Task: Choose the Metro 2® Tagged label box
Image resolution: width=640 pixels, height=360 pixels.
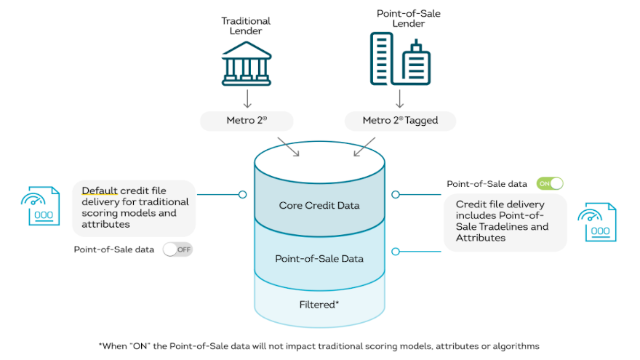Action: [400, 120]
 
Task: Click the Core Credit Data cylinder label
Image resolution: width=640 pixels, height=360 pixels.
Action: [319, 205]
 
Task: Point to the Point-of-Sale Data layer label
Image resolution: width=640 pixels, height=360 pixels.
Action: [319, 258]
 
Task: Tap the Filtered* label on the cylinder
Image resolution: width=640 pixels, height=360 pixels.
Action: [319, 304]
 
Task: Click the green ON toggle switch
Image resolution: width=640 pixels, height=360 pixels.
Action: [550, 184]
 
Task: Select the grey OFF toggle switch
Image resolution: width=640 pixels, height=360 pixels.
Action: [177, 249]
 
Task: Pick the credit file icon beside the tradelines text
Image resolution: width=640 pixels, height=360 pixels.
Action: [596, 222]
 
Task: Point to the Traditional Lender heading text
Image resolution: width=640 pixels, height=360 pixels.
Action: [246, 26]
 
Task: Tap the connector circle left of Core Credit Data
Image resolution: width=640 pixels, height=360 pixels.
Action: [242, 194]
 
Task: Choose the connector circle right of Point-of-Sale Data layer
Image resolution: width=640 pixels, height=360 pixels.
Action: [396, 252]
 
